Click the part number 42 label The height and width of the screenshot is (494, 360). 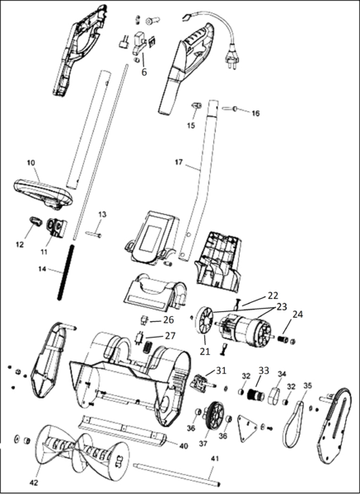34,482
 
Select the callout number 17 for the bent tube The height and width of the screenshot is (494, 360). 179,162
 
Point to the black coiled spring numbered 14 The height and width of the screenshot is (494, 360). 65,273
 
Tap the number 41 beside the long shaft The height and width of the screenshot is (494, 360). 214,459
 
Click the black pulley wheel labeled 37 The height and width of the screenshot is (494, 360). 215,415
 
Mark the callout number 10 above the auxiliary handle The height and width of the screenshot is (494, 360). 31,162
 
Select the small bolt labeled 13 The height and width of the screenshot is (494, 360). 94,234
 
